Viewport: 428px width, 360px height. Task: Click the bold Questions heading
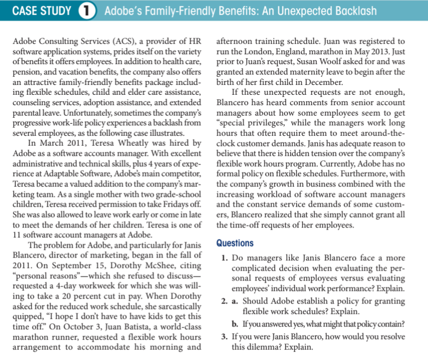pos(235,243)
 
